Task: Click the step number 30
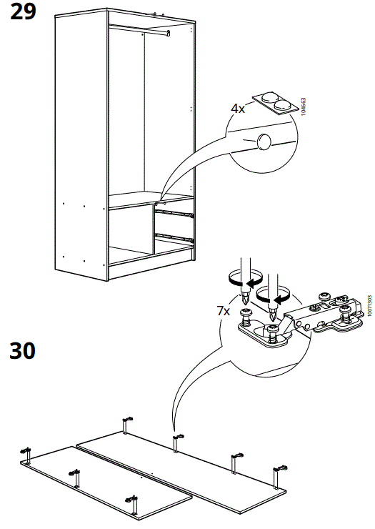coord(23,351)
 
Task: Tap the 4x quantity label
coord(238,109)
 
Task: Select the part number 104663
coord(304,107)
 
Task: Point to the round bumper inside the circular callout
coord(264,141)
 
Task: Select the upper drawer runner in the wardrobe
coord(176,212)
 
